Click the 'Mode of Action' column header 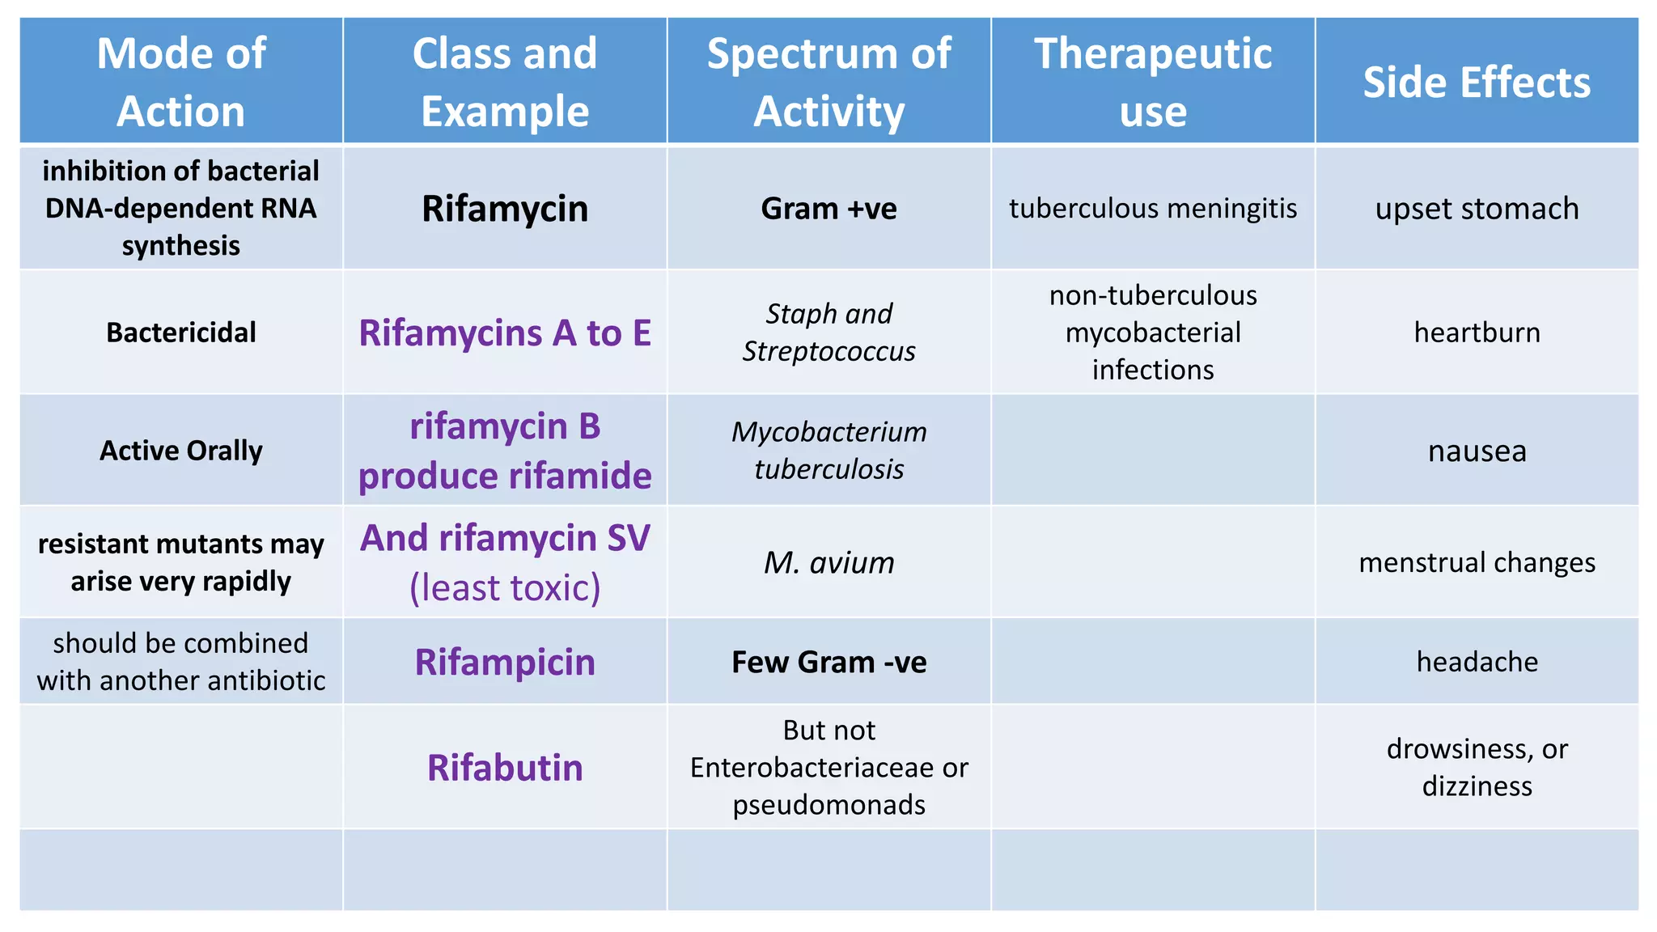click(181, 82)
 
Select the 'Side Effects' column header click(1477, 83)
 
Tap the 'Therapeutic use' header click(1153, 82)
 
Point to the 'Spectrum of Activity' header click(828, 82)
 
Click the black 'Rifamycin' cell click(505, 209)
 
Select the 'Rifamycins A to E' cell click(505, 333)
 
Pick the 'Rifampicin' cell click(505, 662)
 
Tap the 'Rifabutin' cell click(505, 768)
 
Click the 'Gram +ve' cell click(828, 209)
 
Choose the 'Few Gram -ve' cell click(828, 662)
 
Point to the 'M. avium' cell click(828, 562)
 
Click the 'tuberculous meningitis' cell click(1153, 209)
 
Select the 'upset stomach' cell click(1477, 209)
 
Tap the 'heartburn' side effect click(1477, 333)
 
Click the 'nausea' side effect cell click(1477, 451)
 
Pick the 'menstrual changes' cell click(1477, 562)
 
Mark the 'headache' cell click(1477, 662)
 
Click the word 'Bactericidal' click(181, 333)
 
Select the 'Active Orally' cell click(181, 451)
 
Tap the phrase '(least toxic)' click(505, 588)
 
